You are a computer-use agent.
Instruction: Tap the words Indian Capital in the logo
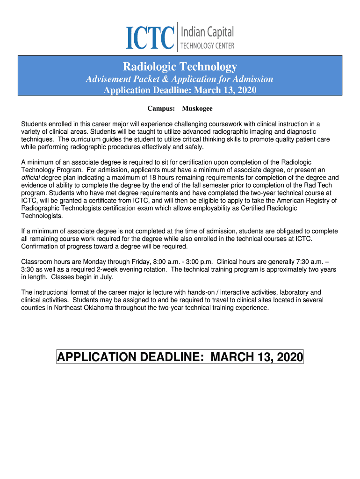point(207,32)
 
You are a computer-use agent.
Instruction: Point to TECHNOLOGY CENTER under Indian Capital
point(207,46)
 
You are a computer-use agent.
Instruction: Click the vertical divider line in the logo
point(178,36)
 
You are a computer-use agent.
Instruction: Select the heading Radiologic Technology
point(180,67)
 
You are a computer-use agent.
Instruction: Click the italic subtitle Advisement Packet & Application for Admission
point(180,79)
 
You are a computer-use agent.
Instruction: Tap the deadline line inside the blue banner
point(180,90)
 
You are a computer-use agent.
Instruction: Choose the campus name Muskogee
point(197,109)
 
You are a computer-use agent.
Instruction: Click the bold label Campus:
point(161,109)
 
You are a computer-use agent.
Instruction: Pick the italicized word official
point(31,177)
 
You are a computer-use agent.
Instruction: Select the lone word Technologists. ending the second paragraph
point(41,216)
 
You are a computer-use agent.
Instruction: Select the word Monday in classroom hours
point(97,262)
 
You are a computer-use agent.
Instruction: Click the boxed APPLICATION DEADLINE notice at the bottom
point(180,358)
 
